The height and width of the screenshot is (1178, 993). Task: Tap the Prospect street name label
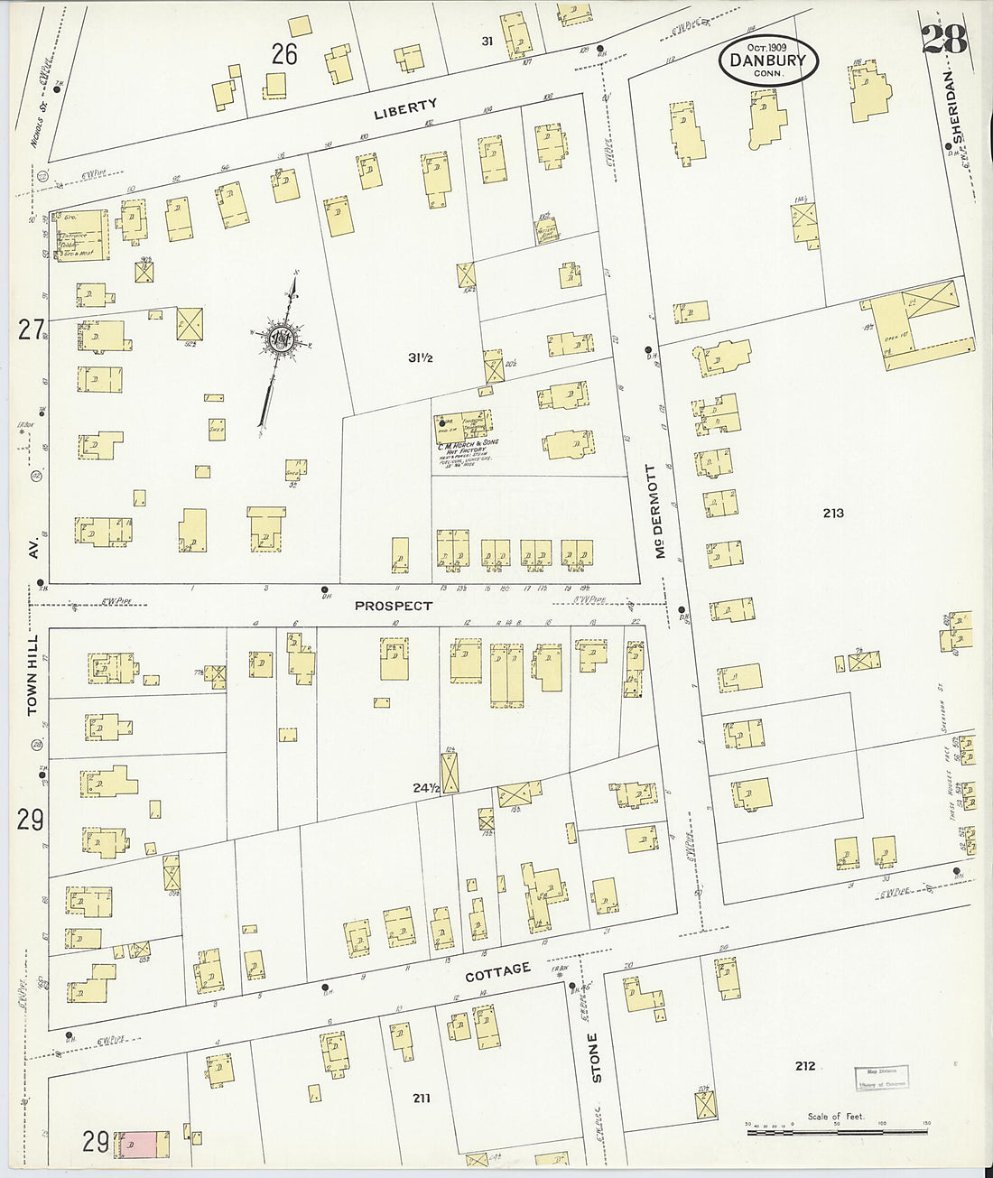pyautogui.click(x=394, y=606)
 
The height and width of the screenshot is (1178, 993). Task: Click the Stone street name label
pyautogui.click(x=594, y=1057)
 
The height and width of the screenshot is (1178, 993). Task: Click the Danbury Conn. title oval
pyautogui.click(x=768, y=60)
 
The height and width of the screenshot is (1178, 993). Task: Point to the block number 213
pyautogui.click(x=833, y=513)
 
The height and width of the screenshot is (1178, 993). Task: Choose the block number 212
pyautogui.click(x=805, y=1066)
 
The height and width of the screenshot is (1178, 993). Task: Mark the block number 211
pyautogui.click(x=422, y=1099)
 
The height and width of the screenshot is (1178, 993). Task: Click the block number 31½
pyautogui.click(x=421, y=358)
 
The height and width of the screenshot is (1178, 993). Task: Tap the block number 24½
pyautogui.click(x=426, y=788)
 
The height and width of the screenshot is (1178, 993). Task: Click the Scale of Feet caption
pyautogui.click(x=836, y=1117)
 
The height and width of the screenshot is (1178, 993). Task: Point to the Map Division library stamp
pyautogui.click(x=881, y=1078)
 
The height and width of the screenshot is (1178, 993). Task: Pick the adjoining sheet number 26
pyautogui.click(x=284, y=55)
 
